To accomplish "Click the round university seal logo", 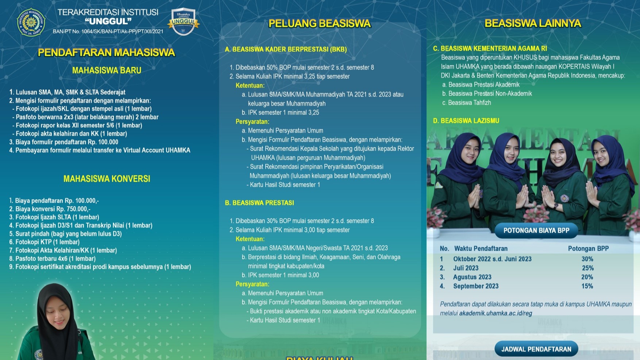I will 31,22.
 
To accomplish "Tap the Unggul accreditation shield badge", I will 183,22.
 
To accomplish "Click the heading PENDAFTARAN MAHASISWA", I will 106,53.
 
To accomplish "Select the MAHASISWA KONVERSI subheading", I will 107,179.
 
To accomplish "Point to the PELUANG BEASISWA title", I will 320,24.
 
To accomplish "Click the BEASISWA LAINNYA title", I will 533,23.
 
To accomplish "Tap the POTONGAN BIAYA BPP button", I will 536,231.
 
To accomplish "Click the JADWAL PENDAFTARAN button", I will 536,349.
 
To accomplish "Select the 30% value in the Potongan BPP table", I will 587,259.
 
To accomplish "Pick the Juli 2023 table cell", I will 466,268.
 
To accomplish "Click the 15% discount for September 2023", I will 587,286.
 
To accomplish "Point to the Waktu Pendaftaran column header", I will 481,249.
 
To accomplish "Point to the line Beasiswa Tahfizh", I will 469,103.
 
